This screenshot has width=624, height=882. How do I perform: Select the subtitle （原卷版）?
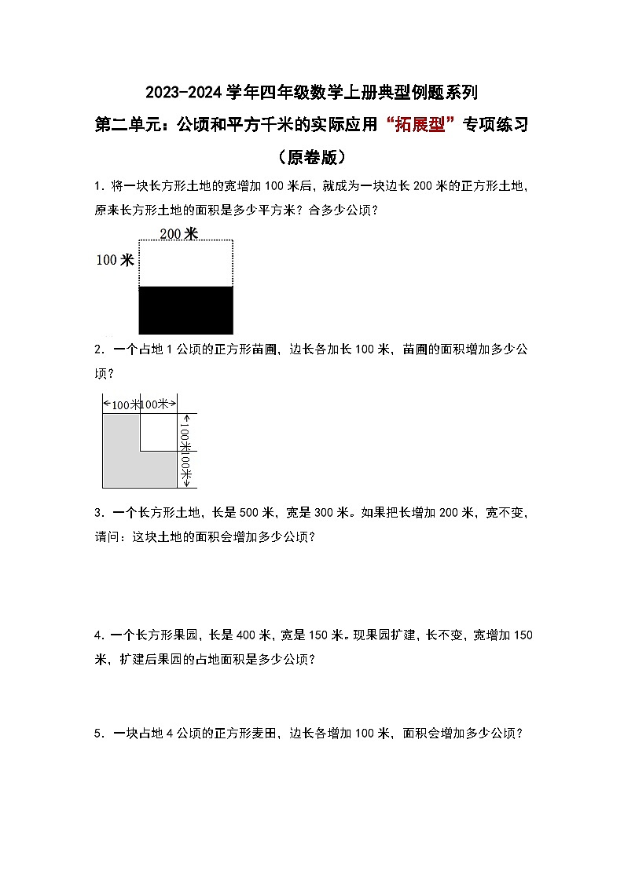click(x=312, y=157)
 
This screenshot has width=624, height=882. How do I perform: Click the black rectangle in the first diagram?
click(x=186, y=310)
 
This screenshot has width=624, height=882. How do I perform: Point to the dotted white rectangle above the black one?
click(x=186, y=263)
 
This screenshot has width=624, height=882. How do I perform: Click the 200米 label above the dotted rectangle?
click(x=178, y=232)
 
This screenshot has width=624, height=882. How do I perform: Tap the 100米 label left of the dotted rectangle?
click(x=115, y=260)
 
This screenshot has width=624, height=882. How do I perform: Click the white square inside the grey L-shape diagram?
click(x=159, y=432)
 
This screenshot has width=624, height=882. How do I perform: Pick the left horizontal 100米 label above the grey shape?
click(x=121, y=404)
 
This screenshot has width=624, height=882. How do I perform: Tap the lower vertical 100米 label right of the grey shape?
click(x=186, y=469)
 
